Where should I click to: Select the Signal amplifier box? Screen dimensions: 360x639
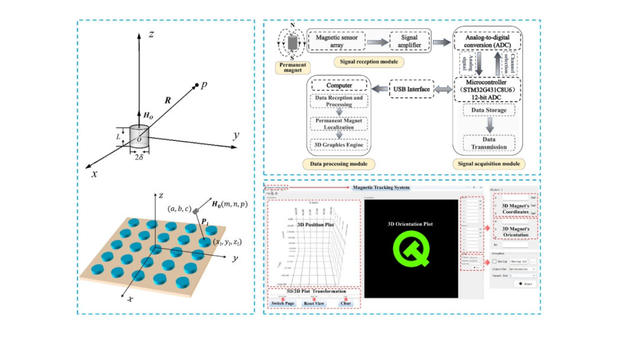pyautogui.click(x=409, y=41)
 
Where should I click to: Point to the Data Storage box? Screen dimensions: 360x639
pyautogui.click(x=489, y=110)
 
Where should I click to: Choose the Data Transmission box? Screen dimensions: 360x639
pyautogui.click(x=489, y=143)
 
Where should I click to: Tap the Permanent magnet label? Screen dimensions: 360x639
pyautogui.click(x=294, y=66)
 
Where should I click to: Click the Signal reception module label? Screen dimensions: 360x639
pyautogui.click(x=367, y=61)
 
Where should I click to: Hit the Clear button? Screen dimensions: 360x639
pyautogui.click(x=346, y=304)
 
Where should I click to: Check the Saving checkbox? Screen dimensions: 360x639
pyautogui.click(x=495, y=261)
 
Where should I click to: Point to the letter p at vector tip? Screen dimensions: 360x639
pyautogui.click(x=204, y=85)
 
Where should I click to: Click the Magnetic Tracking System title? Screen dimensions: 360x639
pyautogui.click(x=380, y=188)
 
